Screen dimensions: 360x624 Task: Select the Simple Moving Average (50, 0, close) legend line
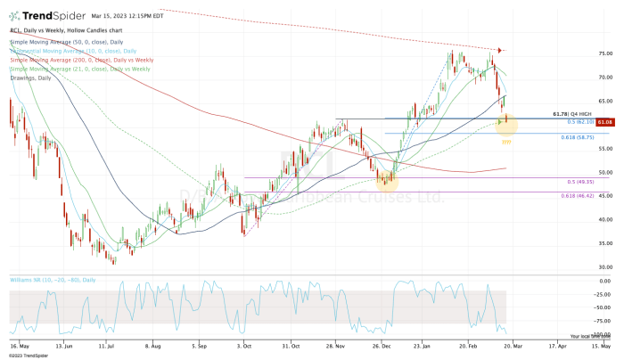tap(73, 42)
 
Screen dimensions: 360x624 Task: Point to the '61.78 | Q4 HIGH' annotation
tap(572, 113)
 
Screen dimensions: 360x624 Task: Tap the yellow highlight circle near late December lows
tap(387, 181)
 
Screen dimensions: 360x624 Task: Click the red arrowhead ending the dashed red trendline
tap(500, 50)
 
